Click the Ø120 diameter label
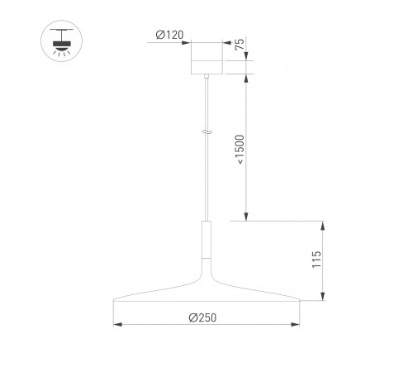click(x=171, y=35)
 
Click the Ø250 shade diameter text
click(x=202, y=318)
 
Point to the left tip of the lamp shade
click(x=114, y=299)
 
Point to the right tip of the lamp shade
click(x=299, y=299)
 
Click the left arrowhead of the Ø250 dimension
click(x=116, y=325)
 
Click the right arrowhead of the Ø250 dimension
click(x=297, y=325)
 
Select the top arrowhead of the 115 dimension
click(x=323, y=224)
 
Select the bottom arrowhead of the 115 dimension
click(x=323, y=297)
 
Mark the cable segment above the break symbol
click(x=206, y=103)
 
